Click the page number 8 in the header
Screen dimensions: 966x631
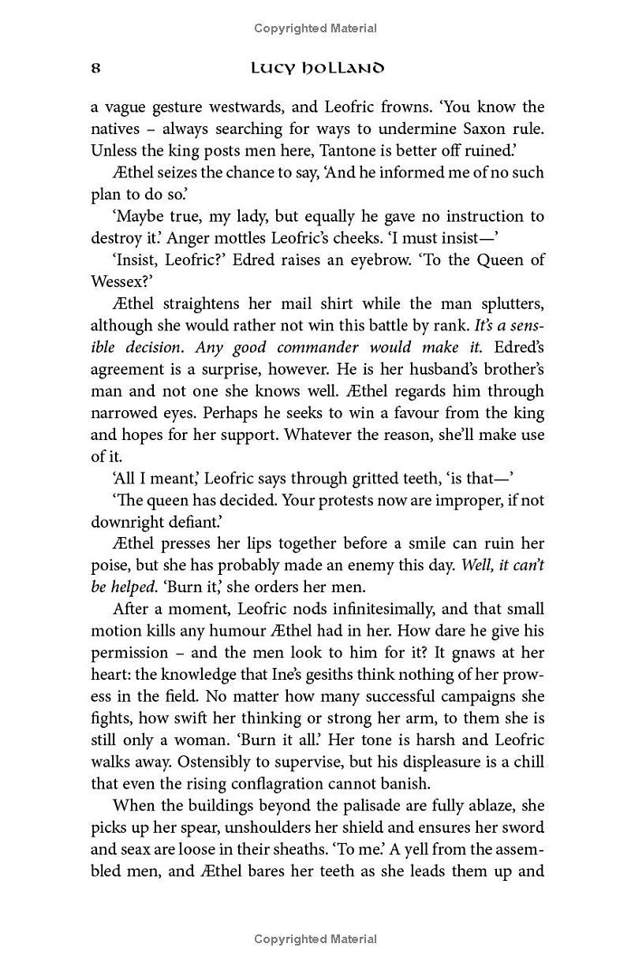point(95,68)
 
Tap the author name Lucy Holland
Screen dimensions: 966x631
point(317,68)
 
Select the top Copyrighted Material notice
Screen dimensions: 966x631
point(315,28)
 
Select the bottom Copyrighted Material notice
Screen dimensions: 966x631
point(315,939)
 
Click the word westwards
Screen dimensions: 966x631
point(228,106)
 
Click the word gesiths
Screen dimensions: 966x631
point(365,674)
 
